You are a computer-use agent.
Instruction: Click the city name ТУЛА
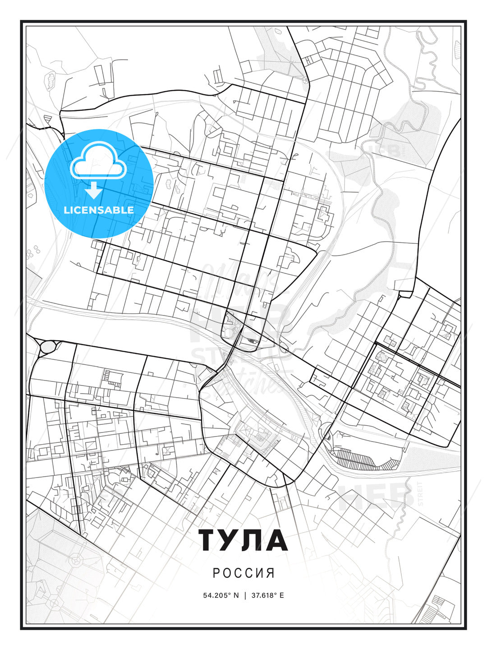[243, 540]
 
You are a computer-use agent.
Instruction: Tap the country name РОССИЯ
[243, 573]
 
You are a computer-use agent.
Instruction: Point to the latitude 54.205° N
[221, 595]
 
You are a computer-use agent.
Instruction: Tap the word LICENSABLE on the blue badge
[99, 210]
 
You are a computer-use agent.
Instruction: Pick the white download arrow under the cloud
[94, 190]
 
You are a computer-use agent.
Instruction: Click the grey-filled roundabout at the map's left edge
[47, 347]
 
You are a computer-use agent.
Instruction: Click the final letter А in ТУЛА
[276, 540]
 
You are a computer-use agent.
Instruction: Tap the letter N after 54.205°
[235, 595]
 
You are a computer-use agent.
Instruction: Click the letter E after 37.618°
[282, 595]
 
